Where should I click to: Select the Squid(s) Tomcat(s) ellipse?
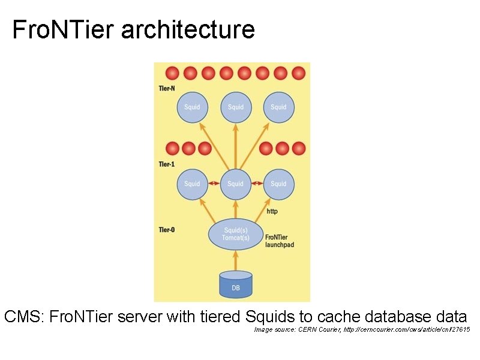[x=236, y=234]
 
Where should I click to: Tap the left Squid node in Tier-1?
[x=192, y=184]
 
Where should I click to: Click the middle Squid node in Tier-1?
[x=235, y=184]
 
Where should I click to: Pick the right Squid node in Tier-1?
[x=278, y=184]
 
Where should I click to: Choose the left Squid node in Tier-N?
[x=192, y=107]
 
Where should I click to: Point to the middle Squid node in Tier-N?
[x=235, y=107]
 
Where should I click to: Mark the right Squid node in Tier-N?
[x=278, y=107]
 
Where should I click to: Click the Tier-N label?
[x=167, y=89]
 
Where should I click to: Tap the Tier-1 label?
[x=167, y=164]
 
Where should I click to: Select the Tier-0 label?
[x=167, y=230]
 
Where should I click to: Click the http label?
[x=272, y=211]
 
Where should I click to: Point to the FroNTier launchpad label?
[x=280, y=241]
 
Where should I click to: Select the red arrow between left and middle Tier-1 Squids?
[x=214, y=183]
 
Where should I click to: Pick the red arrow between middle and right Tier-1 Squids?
[x=257, y=183]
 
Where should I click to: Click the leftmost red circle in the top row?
[x=172, y=73]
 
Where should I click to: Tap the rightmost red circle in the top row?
[x=298, y=73]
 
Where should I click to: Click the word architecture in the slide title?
[x=188, y=29]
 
